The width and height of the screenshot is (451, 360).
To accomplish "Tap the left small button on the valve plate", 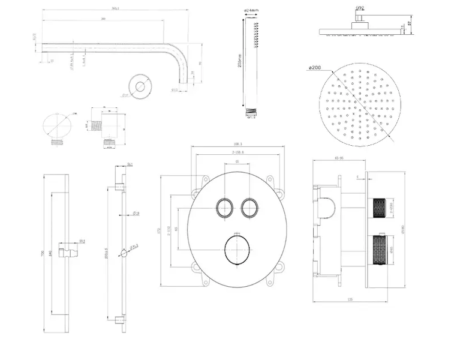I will click(225, 208).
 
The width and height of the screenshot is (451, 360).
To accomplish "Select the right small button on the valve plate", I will click(249, 208).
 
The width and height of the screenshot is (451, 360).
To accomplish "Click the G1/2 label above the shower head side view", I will click(360, 8).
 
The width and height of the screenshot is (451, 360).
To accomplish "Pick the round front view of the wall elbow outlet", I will click(57, 127).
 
